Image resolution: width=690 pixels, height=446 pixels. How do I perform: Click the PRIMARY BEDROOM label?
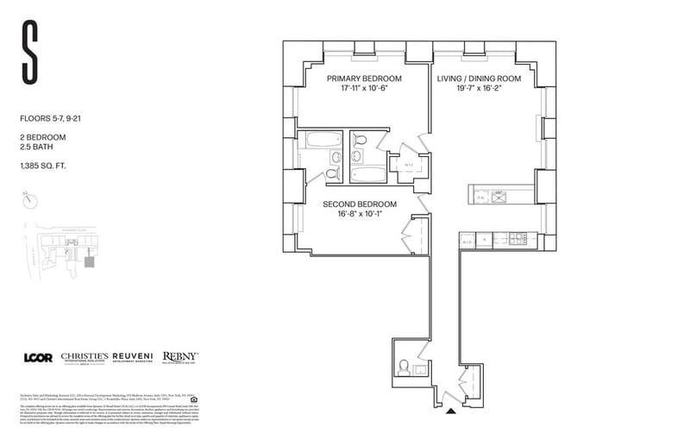360,78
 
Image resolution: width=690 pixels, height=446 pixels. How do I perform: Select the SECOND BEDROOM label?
360,204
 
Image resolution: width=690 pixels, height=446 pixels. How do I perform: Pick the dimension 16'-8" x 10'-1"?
360,216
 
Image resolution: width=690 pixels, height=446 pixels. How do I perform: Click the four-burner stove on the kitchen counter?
520,238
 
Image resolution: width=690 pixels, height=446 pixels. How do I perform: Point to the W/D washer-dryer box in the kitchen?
467,241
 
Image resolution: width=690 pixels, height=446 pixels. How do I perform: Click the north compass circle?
31,200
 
